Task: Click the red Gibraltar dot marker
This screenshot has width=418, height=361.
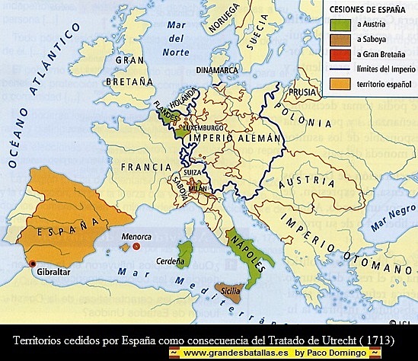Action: pos(31,264)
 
